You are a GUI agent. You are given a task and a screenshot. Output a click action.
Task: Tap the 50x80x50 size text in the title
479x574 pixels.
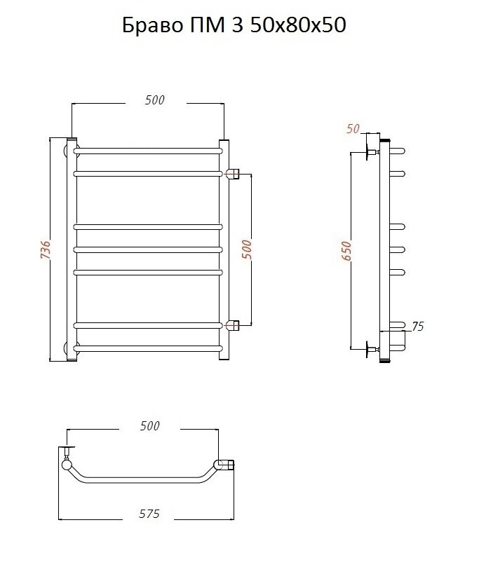(298, 26)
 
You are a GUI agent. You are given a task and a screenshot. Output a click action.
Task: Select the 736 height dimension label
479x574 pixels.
(46, 250)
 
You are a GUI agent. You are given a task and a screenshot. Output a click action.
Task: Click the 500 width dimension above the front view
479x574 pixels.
(154, 100)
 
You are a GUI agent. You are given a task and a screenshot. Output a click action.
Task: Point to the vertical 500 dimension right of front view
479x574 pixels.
(248, 250)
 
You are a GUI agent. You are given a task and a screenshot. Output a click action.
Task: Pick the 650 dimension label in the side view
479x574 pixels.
(346, 251)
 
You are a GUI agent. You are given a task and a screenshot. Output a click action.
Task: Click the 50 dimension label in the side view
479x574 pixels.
(353, 129)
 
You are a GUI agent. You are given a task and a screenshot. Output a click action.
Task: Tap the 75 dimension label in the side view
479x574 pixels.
(417, 326)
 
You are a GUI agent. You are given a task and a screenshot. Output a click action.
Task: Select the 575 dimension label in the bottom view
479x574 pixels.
(149, 514)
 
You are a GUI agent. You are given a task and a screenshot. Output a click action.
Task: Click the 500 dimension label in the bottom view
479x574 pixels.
(150, 425)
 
